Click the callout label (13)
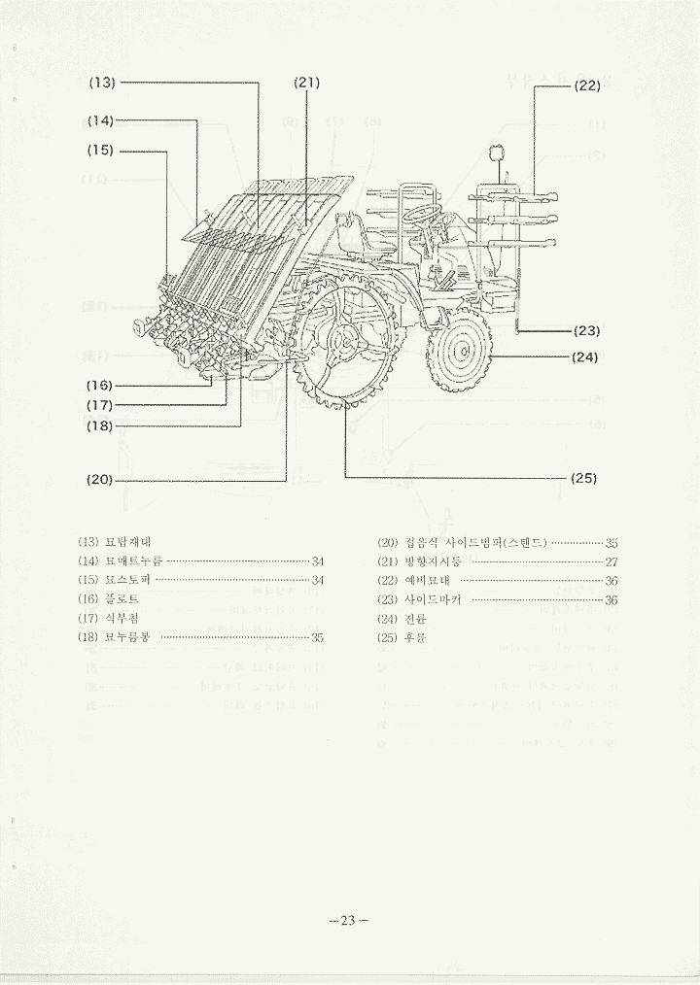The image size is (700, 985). click(102, 83)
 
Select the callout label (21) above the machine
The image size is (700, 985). click(306, 83)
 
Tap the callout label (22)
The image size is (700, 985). click(587, 85)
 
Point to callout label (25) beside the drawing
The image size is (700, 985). click(583, 478)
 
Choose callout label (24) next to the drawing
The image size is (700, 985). click(585, 357)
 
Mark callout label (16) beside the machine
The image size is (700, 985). click(99, 385)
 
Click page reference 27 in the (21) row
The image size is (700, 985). click(612, 561)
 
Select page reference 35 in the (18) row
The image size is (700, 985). click(317, 638)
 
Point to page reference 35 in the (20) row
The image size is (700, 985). click(612, 543)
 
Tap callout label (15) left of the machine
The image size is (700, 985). click(101, 151)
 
